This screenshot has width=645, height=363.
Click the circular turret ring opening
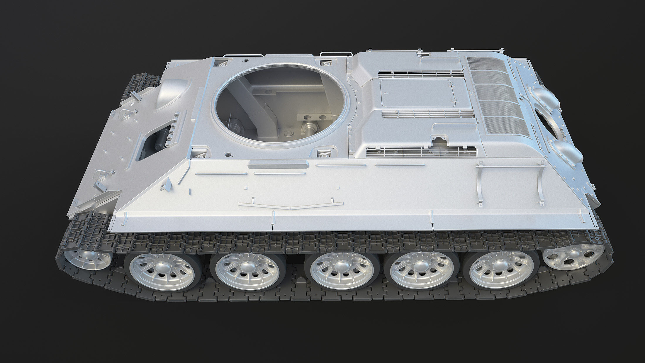point(281,104)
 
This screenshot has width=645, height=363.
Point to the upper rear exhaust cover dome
point(542,97)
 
